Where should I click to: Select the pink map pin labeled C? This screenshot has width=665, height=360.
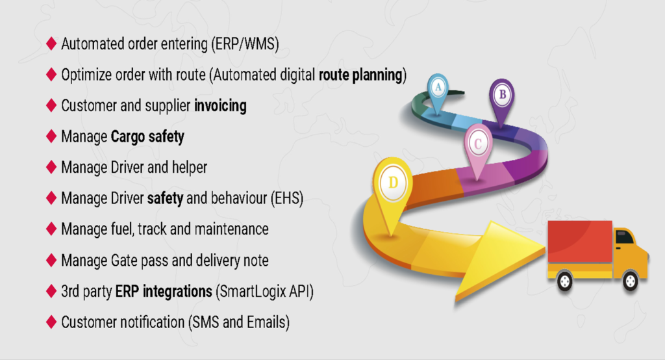click(478, 149)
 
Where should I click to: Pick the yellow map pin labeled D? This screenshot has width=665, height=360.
click(393, 189)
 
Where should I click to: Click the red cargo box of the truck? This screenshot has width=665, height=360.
click(580, 242)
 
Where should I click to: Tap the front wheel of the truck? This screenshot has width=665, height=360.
click(630, 281)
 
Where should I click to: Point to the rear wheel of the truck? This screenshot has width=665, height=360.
click(564, 281)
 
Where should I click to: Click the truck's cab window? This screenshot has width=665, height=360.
click(624, 237)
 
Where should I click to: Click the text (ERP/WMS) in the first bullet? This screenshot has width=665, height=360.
click(245, 44)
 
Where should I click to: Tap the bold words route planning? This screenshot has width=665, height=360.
click(360, 75)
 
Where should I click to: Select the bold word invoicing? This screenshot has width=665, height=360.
click(220, 106)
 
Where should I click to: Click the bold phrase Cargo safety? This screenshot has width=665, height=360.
click(147, 136)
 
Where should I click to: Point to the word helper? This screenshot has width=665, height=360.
click(189, 167)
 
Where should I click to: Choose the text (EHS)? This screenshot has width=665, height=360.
click(287, 198)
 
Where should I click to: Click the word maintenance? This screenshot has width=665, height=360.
click(231, 229)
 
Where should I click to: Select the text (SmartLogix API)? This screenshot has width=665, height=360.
click(265, 292)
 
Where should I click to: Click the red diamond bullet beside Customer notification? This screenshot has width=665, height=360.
click(51, 322)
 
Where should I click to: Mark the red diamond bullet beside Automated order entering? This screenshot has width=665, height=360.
click(51, 44)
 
